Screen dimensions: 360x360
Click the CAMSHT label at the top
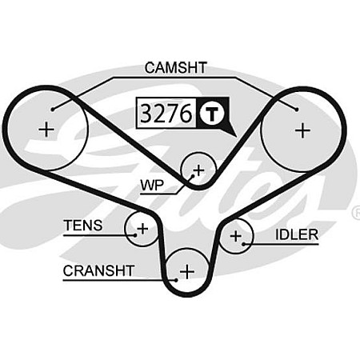[x=177, y=68]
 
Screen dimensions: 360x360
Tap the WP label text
[x=152, y=185]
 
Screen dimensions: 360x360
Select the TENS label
[x=83, y=226]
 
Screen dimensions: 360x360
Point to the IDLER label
[x=297, y=234]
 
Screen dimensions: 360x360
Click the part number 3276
[x=165, y=114]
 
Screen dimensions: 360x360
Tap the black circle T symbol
[x=211, y=114]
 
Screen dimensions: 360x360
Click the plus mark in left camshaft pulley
[x=47, y=129]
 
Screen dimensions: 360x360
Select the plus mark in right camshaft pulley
[x=302, y=129]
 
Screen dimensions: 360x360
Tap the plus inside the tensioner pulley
[x=142, y=229]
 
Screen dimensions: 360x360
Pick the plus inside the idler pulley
[x=235, y=235]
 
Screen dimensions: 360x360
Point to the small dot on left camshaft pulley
[x=53, y=108]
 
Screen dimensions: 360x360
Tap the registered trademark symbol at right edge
[x=355, y=213]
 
